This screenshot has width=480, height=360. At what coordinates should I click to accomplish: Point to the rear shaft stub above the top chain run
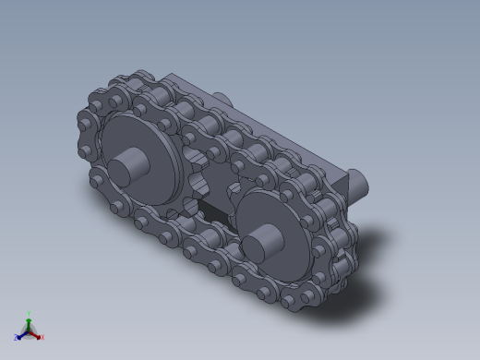pos(223,98)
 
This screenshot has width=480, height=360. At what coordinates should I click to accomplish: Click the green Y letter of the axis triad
pos(30,313)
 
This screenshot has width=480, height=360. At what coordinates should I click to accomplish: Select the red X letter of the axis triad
pos(42,338)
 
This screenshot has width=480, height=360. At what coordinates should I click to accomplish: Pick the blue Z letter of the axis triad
pos(16,338)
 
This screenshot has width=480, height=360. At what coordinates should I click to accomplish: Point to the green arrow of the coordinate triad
pos(30,321)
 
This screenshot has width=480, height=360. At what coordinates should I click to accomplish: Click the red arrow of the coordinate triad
pos(36,333)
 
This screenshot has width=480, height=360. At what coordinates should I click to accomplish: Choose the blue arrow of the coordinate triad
pos(22,334)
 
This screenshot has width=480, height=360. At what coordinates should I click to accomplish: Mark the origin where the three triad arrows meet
pos(30,330)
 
